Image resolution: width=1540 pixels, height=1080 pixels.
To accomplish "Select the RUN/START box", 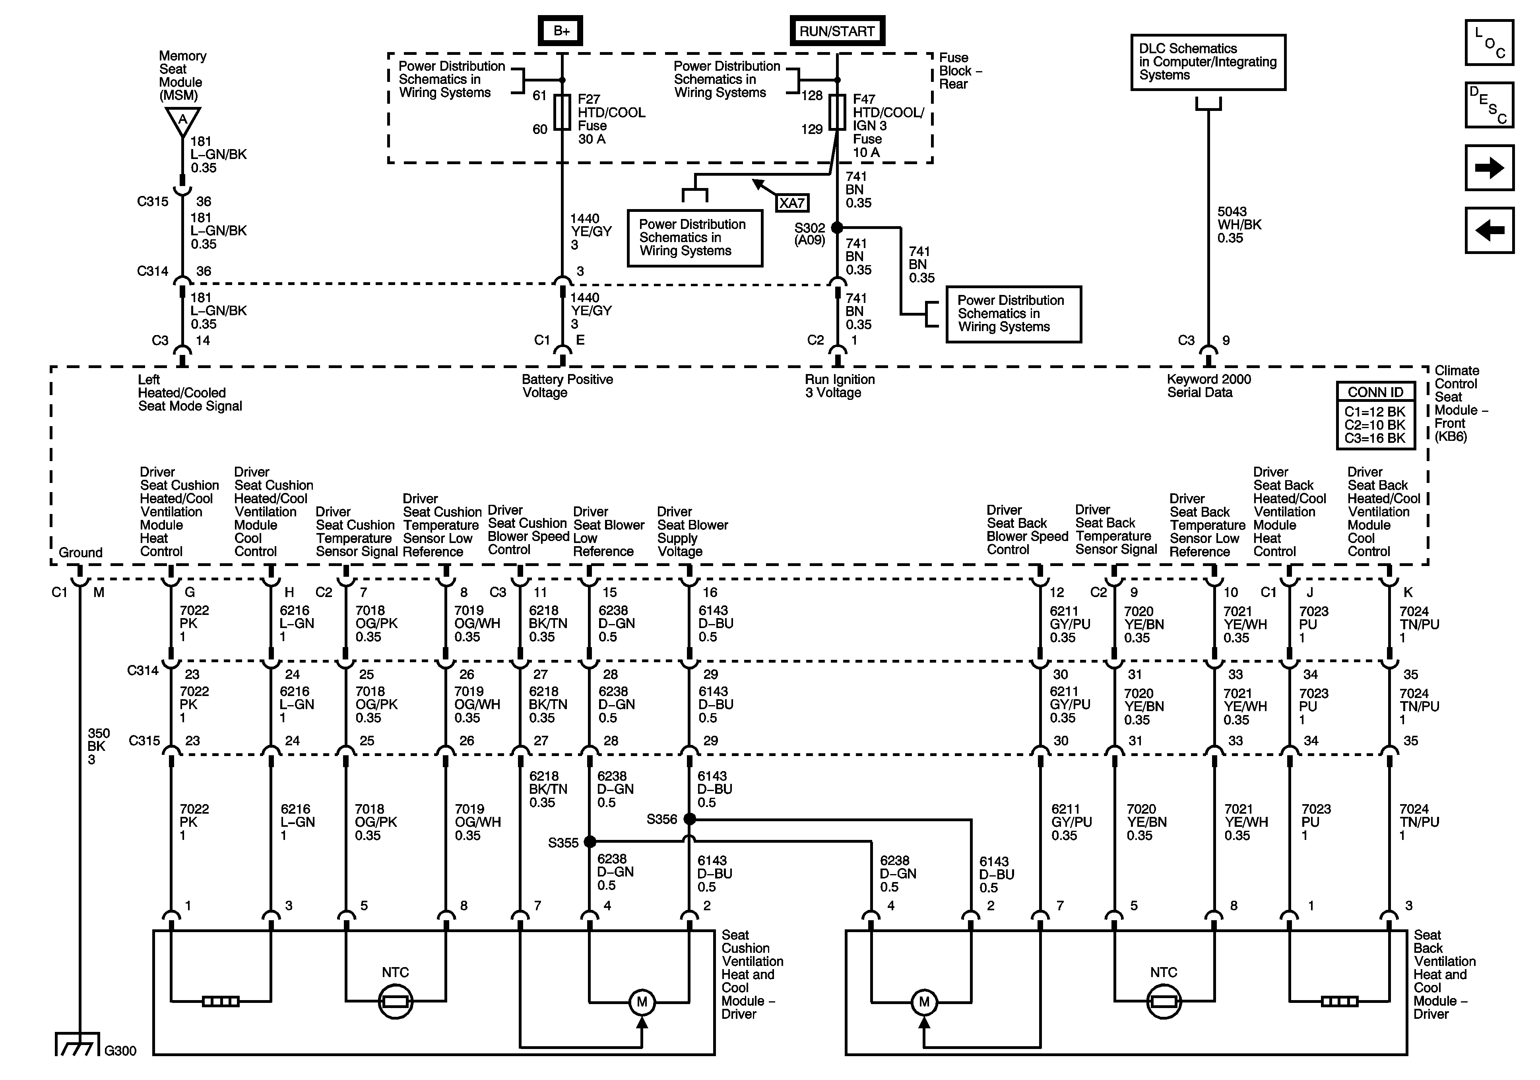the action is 837,31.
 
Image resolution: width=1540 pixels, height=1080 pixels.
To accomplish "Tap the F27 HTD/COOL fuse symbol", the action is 562,112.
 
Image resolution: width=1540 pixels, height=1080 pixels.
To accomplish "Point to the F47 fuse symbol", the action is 837,112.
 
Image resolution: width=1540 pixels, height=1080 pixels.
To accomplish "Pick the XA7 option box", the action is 792,203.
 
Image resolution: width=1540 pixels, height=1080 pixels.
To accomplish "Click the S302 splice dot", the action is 837,228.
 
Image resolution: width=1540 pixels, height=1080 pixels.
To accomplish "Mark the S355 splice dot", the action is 590,842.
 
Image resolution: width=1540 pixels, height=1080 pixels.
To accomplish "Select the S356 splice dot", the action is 690,819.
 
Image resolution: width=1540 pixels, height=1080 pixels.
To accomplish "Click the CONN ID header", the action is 1376,392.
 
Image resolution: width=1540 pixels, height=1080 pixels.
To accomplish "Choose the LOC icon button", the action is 1490,42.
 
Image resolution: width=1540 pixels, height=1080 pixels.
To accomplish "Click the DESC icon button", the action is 1490,105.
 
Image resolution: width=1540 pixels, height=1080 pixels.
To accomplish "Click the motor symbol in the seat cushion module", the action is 642,1002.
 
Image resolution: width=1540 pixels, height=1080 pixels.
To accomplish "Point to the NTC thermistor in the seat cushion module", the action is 396,1002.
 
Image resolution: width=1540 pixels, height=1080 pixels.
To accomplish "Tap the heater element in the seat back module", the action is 1340,1002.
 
